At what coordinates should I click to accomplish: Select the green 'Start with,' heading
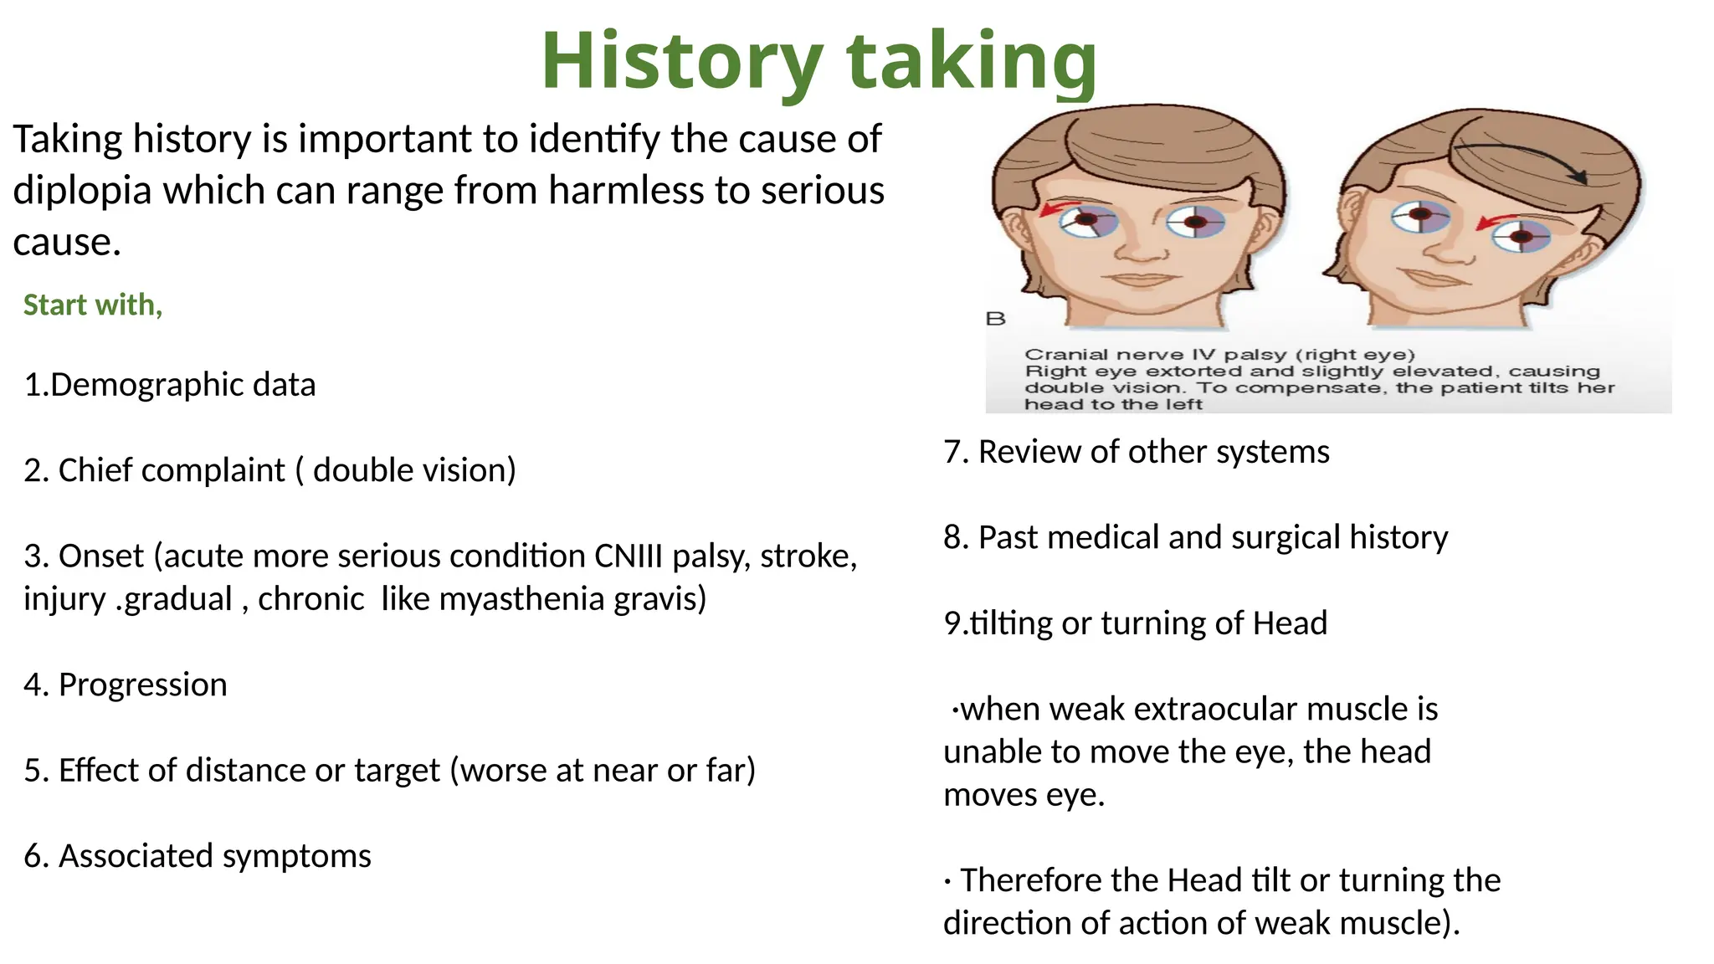(x=93, y=305)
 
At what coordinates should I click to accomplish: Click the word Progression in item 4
(x=142, y=685)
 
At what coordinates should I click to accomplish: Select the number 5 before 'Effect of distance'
(x=32, y=771)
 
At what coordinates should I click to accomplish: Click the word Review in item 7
(x=1029, y=452)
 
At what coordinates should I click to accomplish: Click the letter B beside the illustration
(x=995, y=319)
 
